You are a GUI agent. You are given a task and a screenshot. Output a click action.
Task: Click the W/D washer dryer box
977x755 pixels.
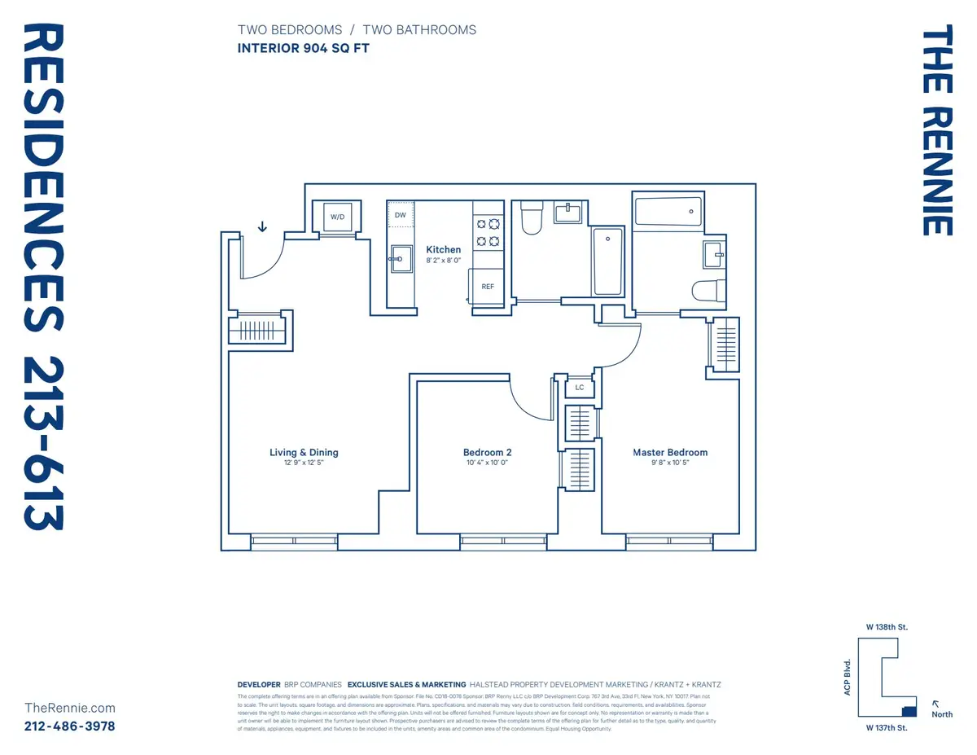(x=337, y=217)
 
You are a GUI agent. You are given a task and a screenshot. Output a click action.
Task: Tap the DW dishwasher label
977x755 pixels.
(x=400, y=215)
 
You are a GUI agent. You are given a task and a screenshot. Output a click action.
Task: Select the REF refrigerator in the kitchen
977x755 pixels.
(x=488, y=286)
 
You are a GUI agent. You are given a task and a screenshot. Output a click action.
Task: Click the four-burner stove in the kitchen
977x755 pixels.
(x=488, y=232)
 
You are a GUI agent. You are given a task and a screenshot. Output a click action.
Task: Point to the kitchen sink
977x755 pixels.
(x=399, y=261)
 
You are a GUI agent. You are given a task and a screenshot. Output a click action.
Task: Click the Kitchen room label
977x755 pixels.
(x=444, y=250)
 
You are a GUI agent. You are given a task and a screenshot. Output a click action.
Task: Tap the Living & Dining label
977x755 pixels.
(x=304, y=453)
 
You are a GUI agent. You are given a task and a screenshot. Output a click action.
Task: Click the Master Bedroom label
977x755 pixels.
(x=670, y=453)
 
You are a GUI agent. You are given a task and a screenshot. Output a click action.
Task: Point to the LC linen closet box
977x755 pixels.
(x=580, y=388)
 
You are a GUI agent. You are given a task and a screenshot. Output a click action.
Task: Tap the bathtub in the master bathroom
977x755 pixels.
(x=667, y=212)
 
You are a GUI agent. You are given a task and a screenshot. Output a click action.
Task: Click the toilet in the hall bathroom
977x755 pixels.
(x=532, y=218)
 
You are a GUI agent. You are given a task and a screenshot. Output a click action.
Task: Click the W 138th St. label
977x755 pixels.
(x=886, y=627)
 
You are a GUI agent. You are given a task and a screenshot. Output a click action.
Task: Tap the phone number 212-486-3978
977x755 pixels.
(x=70, y=726)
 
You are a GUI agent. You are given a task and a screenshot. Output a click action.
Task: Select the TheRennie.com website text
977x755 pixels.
(x=70, y=709)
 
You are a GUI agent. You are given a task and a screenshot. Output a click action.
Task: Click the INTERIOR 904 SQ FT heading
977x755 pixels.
(x=303, y=48)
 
